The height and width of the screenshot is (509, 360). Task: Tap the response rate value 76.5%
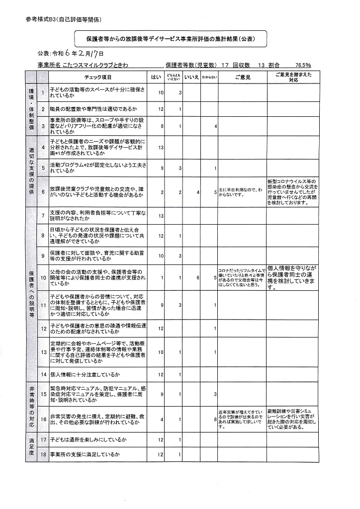[303, 65]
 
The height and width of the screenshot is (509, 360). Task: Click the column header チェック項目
[98, 78]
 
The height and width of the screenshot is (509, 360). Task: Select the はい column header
[156, 78]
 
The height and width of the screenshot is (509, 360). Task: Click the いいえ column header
[191, 78]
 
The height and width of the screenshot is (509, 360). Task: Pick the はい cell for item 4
[161, 148]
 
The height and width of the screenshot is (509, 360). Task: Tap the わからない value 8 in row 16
[215, 420]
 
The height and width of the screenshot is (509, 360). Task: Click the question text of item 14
[86, 374]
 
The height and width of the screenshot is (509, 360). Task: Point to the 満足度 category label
[31, 447]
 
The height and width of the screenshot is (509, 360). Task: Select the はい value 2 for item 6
[162, 192]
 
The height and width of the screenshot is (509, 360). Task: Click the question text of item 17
[88, 440]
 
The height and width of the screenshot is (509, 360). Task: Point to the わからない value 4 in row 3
[215, 126]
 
